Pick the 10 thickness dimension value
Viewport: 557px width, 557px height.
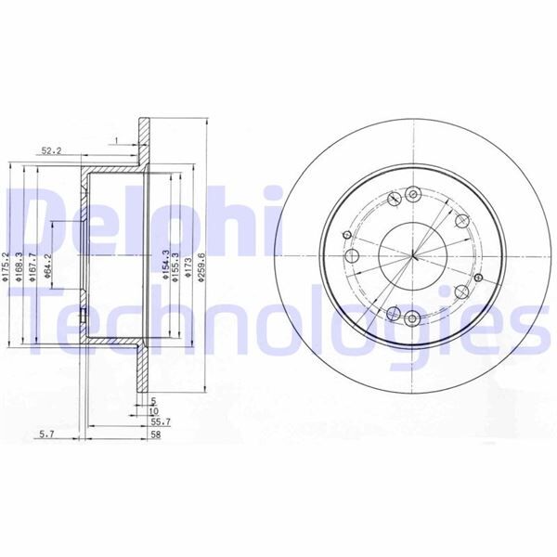(x=154, y=409)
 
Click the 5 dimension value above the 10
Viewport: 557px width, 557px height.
(x=154, y=399)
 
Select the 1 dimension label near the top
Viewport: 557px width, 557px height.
(x=116, y=140)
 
